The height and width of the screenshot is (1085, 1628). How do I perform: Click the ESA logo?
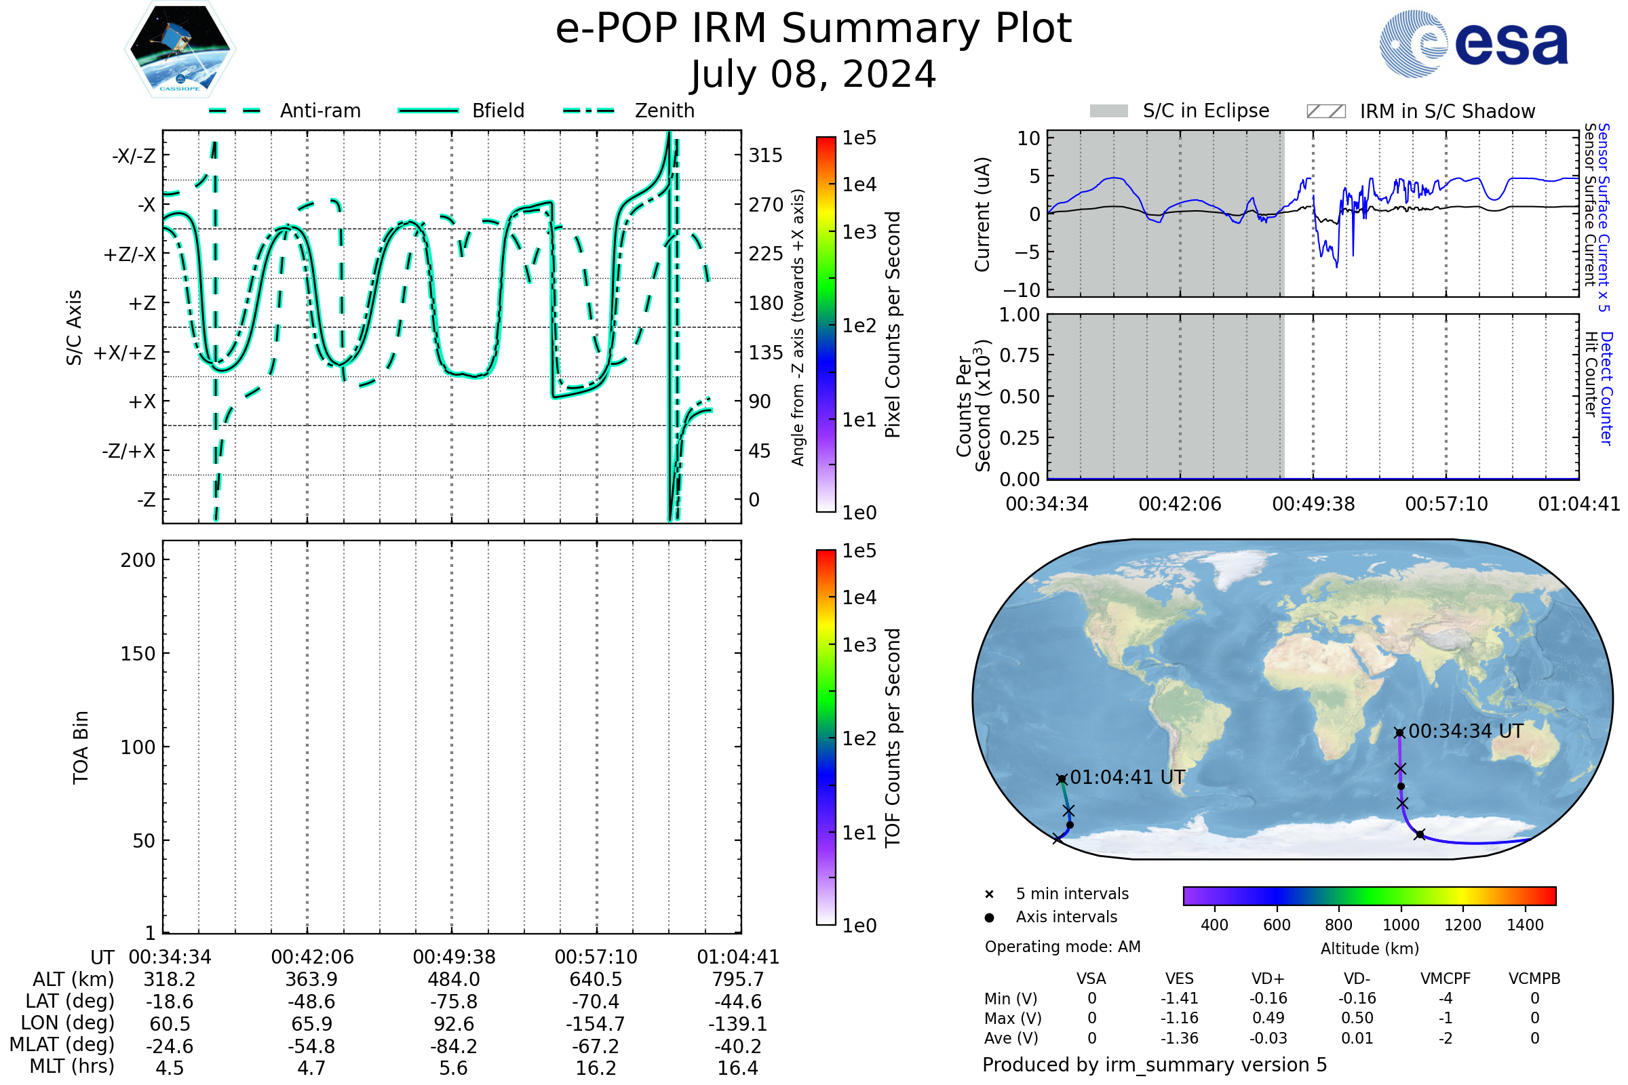tap(1473, 43)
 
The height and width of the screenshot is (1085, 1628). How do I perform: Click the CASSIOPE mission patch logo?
tap(180, 49)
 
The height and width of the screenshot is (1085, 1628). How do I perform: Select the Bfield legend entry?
tap(461, 111)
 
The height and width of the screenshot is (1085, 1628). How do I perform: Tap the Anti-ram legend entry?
tap(284, 111)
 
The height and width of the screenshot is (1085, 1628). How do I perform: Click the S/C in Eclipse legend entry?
tap(1180, 111)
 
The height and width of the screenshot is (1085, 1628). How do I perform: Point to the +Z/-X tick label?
tap(130, 254)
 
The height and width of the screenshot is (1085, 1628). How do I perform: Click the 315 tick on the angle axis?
tap(765, 155)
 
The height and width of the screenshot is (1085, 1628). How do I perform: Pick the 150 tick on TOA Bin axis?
tap(138, 654)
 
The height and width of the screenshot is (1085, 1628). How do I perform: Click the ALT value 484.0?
tap(453, 979)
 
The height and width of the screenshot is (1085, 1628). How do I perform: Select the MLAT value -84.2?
tap(453, 1046)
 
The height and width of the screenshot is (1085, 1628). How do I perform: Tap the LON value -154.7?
tap(596, 1024)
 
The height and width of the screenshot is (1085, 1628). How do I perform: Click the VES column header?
tap(1180, 979)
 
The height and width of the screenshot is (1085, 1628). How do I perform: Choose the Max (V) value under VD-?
tap(1357, 1018)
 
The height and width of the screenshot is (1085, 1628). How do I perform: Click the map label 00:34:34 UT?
tap(1466, 732)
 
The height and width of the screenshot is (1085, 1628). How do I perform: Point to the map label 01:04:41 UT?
tap(1127, 778)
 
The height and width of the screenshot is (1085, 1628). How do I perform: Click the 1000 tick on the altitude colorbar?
tap(1401, 925)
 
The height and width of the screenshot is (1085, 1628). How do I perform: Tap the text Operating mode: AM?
tap(1062, 947)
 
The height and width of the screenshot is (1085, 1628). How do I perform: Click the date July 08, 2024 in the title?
tap(813, 74)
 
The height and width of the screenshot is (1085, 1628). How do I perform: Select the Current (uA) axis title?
tap(982, 214)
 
